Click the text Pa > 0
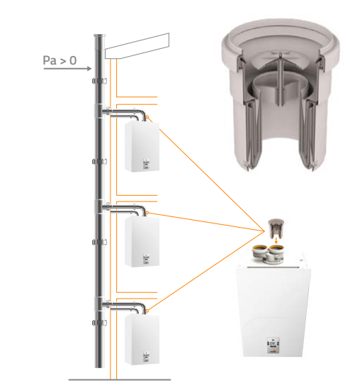point(60,60)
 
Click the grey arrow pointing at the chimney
point(67,69)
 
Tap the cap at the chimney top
point(99,35)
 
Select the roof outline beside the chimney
point(137,46)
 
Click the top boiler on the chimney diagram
point(142,146)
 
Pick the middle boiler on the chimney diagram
point(142,241)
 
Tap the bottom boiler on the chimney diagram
point(142,339)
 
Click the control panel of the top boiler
point(147,164)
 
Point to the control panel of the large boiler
point(273,345)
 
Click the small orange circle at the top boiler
point(147,117)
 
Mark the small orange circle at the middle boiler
point(147,213)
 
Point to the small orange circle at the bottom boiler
point(147,311)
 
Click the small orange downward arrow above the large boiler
point(276,241)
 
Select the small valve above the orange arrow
point(276,228)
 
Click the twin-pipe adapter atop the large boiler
point(269,254)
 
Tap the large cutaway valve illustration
point(281,94)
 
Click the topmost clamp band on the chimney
point(99,81)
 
